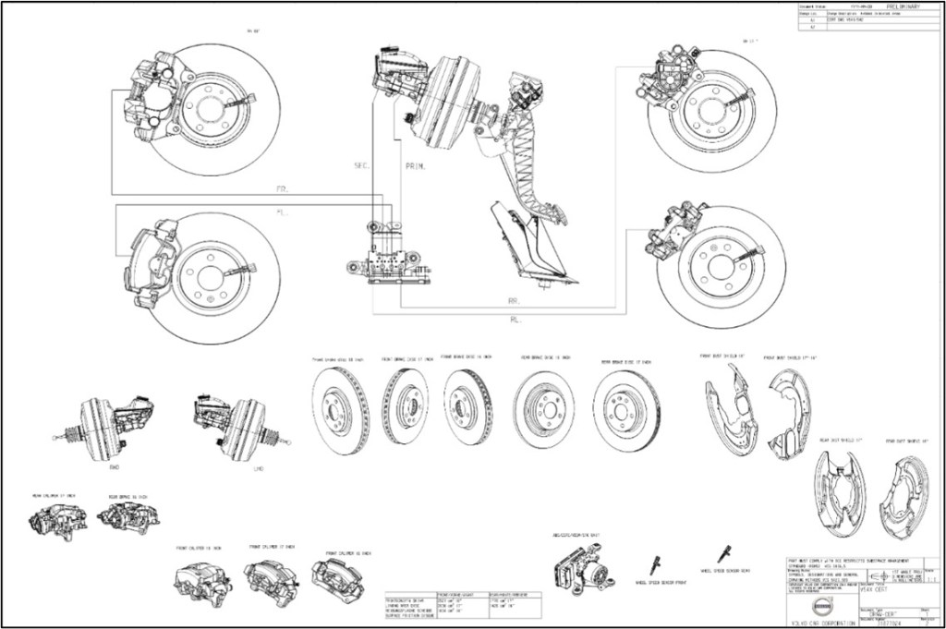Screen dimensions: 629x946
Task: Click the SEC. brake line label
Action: point(361,166)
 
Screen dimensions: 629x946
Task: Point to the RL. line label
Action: point(515,320)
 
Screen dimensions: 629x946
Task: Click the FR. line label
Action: point(282,188)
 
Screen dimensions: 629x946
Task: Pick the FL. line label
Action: point(282,212)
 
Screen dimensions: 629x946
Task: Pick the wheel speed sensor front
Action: point(656,563)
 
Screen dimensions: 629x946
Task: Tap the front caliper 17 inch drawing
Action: point(269,577)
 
